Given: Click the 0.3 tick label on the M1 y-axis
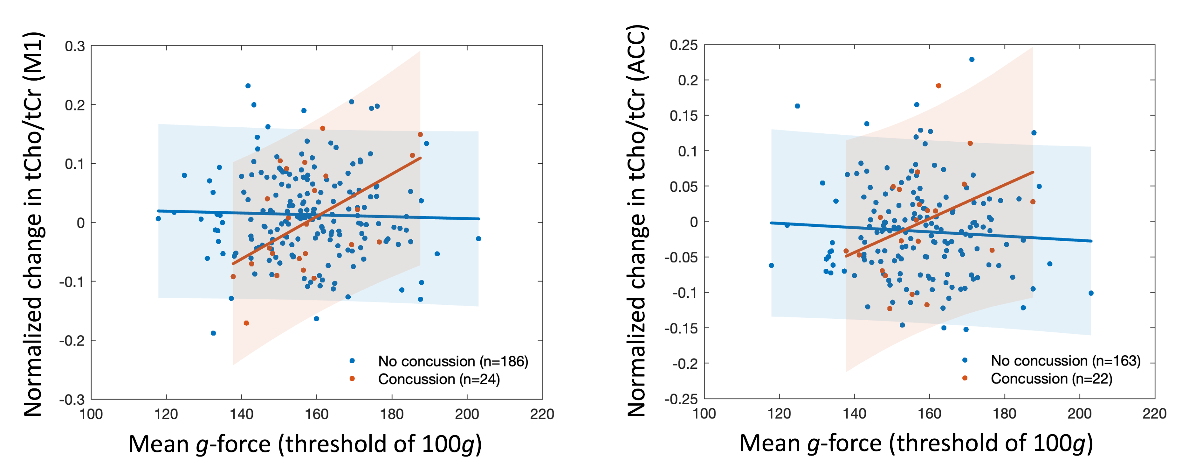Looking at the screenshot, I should pyautogui.click(x=75, y=47).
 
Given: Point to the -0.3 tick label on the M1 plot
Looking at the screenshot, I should pyautogui.click(x=72, y=400).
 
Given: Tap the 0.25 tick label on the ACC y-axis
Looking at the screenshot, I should pyautogui.click(x=684, y=45).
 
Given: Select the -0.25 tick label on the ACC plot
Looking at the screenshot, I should pyautogui.click(x=681, y=399).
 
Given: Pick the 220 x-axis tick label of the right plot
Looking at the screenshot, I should pyautogui.click(x=1154, y=414).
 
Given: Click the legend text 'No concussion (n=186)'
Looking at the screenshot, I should pyautogui.click(x=453, y=361).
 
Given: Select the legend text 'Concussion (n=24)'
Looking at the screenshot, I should pyautogui.click(x=438, y=379).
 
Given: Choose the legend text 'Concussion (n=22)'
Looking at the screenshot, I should pyautogui.click(x=1051, y=379).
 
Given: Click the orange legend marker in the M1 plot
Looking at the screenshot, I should pyautogui.click(x=352, y=379).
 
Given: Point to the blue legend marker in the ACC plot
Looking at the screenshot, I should pyautogui.click(x=965, y=360).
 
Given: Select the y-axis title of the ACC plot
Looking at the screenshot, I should pyautogui.click(x=637, y=221).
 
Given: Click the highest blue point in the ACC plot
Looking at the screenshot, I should pyautogui.click(x=972, y=60).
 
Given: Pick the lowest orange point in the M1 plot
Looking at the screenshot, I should pyautogui.click(x=246, y=323).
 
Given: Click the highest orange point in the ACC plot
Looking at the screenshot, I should pyautogui.click(x=938, y=86).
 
